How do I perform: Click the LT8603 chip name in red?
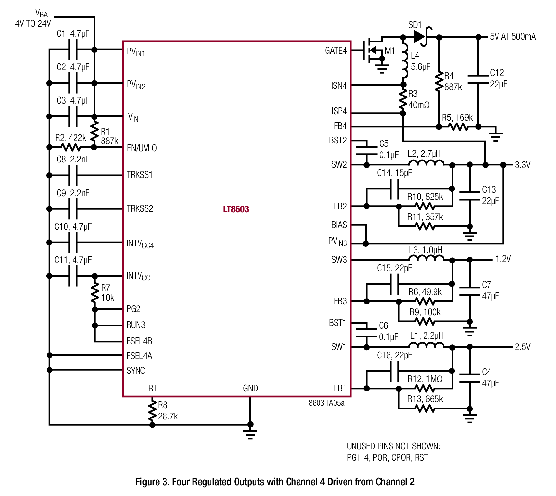coord(236,209)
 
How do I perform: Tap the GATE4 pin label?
coord(336,51)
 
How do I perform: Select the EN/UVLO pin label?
coord(142,148)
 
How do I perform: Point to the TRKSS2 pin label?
coord(140,208)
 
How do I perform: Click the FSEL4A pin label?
coord(139,356)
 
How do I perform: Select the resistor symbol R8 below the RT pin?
coord(152,410)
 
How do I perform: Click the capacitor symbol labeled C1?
coord(73,50)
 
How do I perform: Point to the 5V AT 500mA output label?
coord(513,37)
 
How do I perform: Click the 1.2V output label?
coord(503,259)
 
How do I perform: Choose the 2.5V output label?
coord(523,347)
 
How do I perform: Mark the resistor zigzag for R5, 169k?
coord(459,127)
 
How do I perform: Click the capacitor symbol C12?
coord(478,79)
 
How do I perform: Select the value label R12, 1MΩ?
coord(425,379)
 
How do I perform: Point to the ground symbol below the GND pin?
coord(250,434)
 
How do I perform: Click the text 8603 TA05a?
coord(327,403)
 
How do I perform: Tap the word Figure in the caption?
coord(148,482)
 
